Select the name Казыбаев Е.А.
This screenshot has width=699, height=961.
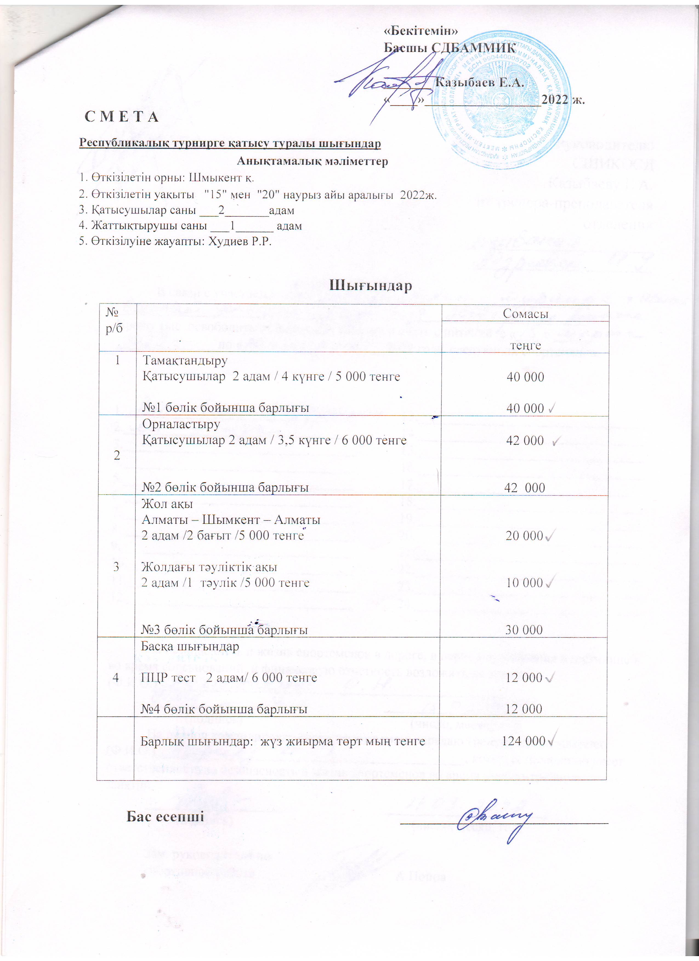479,82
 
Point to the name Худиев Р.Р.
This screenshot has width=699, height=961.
240,242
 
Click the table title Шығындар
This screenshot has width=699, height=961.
371,285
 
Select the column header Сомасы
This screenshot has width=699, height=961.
525,314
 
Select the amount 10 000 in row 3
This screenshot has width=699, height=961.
525,583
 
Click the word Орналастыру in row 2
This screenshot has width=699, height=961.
181,424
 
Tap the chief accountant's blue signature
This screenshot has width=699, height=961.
494,817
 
